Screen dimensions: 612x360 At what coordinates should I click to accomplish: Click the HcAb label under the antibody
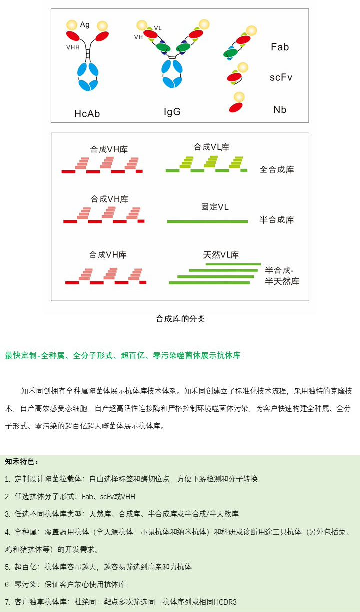[87, 114]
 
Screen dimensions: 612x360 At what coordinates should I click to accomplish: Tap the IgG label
[172, 112]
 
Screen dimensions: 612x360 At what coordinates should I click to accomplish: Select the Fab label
[280, 47]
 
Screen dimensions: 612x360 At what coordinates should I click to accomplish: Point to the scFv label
[281, 77]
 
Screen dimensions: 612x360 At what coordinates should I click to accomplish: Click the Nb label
[280, 110]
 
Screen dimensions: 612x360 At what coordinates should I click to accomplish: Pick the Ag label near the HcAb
[85, 24]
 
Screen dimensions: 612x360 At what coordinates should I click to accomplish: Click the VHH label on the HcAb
[73, 47]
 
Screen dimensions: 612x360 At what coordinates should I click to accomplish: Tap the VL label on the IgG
[158, 28]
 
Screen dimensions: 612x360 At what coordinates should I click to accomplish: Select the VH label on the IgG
[138, 37]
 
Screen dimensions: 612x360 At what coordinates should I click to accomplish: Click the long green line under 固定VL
[207, 221]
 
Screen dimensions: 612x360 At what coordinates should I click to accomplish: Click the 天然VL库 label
[221, 255]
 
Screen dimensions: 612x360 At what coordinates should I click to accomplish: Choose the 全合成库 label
[277, 169]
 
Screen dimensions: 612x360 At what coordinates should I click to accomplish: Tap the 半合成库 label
[277, 220]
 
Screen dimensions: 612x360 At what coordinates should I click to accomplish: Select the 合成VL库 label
[211, 147]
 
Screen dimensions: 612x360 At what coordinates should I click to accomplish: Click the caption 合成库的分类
[180, 319]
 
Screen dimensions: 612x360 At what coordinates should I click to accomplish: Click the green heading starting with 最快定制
[123, 355]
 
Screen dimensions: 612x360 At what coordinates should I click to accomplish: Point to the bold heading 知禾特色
[22, 461]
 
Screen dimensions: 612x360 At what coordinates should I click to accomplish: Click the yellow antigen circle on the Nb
[239, 97]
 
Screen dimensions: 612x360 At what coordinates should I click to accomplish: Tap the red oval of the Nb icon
[236, 107]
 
